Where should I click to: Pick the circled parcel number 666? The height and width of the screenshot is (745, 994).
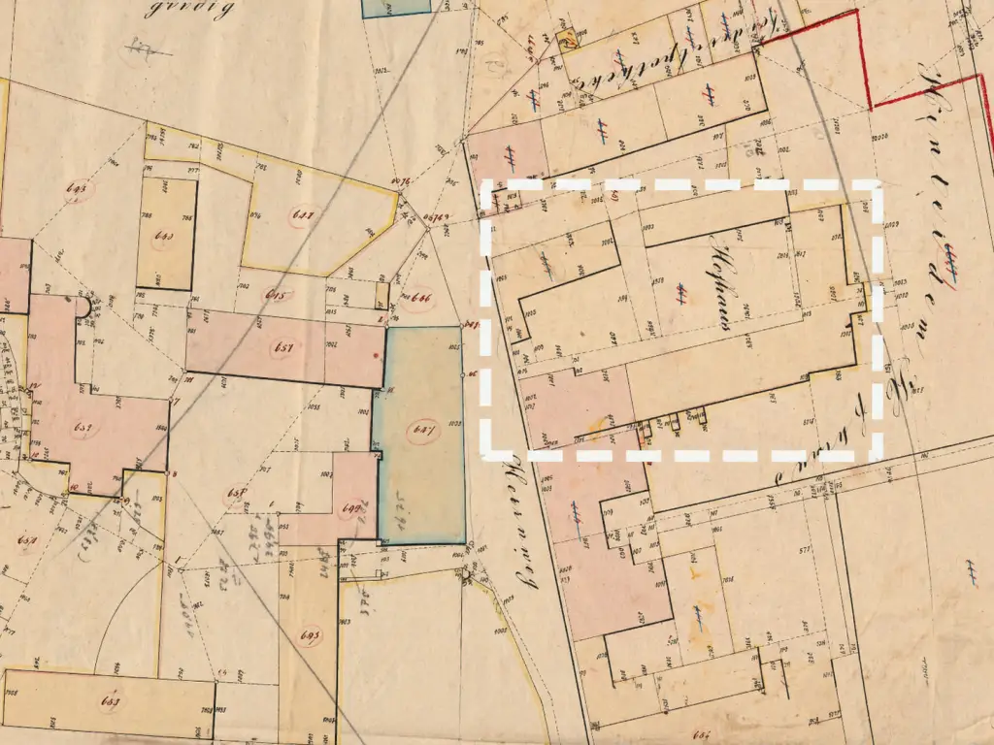(x=423, y=297)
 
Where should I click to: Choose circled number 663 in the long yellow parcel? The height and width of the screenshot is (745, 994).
(x=111, y=700)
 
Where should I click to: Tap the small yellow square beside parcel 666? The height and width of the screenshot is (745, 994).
(x=381, y=294)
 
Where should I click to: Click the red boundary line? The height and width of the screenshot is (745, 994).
(x=865, y=58)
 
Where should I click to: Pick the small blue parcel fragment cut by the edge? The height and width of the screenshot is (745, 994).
(x=395, y=8)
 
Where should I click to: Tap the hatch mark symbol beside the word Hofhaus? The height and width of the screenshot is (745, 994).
(x=682, y=289)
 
